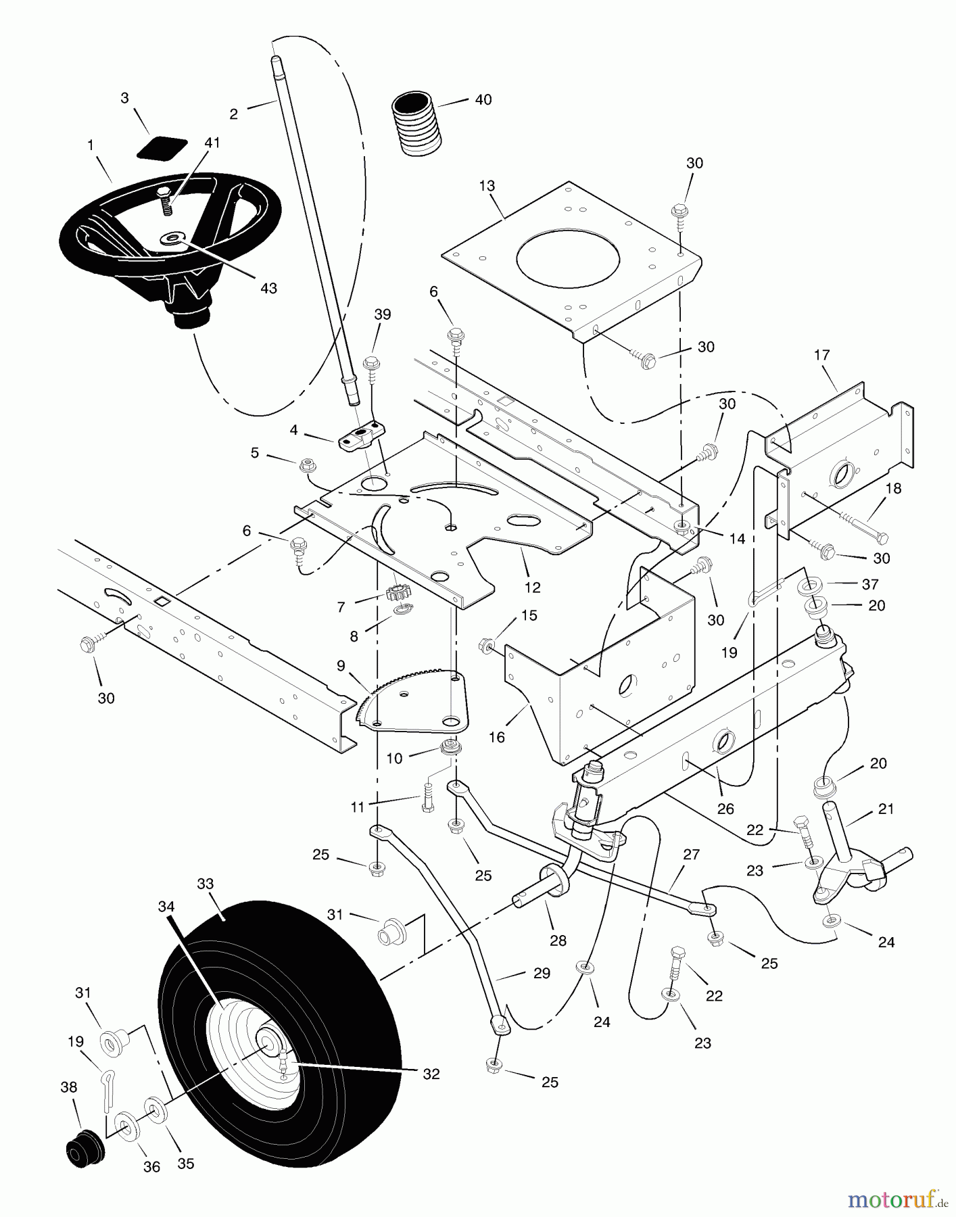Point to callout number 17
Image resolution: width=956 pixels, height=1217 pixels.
(821, 355)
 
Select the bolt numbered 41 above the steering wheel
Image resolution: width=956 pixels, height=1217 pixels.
(166, 201)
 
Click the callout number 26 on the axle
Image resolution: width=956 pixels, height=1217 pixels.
(725, 809)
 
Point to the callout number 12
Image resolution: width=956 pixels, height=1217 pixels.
(532, 588)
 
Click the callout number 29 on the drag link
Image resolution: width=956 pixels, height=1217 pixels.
(542, 973)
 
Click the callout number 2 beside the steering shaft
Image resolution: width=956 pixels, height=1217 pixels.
(234, 114)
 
